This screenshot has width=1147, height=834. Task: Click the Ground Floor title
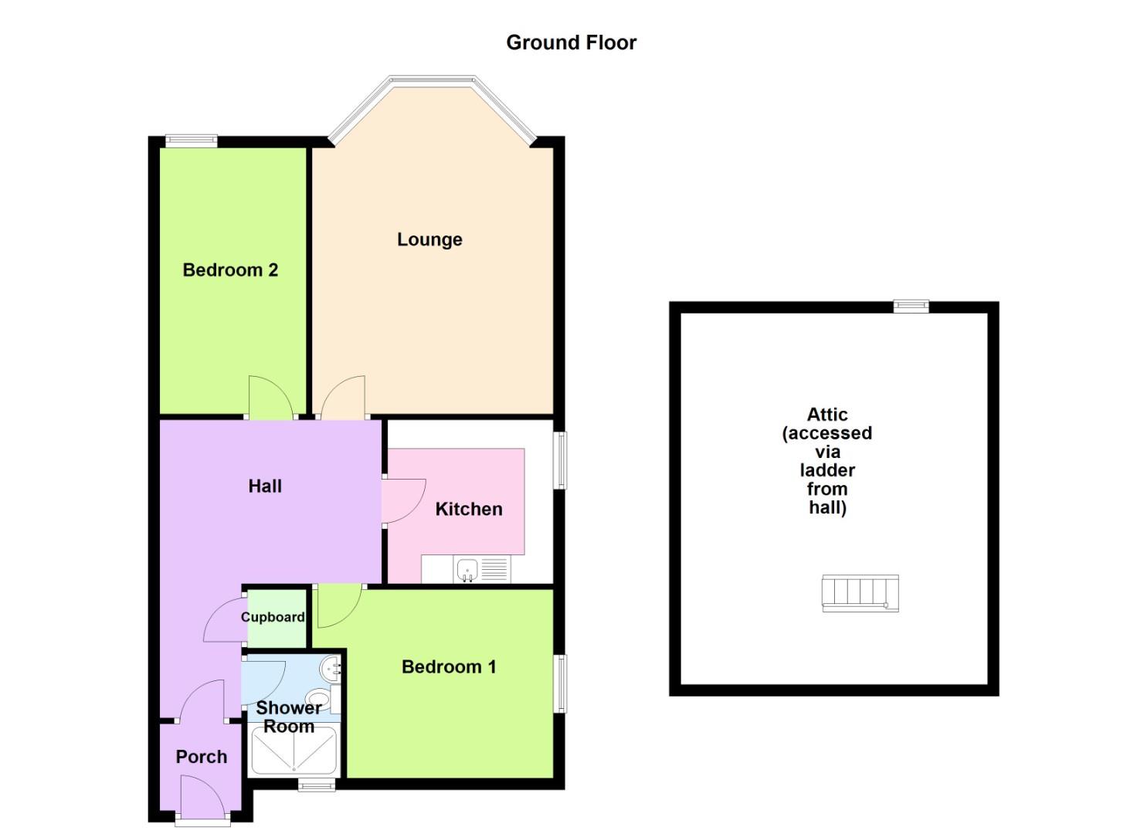(x=571, y=42)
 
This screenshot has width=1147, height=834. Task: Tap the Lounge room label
(x=429, y=239)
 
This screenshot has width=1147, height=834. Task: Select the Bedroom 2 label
(x=230, y=270)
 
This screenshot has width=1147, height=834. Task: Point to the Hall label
(x=265, y=486)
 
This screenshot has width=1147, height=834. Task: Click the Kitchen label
(x=469, y=509)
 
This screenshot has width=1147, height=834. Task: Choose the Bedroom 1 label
(x=449, y=667)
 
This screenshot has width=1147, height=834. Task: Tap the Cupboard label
(x=273, y=617)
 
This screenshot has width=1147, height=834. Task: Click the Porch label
(x=202, y=757)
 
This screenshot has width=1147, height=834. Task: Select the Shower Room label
(x=289, y=717)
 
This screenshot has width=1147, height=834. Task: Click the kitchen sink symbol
(x=467, y=571)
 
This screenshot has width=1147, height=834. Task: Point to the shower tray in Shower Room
(x=294, y=751)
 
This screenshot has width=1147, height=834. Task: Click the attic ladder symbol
(x=860, y=593)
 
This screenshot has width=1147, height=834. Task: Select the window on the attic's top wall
(x=911, y=307)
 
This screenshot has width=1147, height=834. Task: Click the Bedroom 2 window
(x=191, y=141)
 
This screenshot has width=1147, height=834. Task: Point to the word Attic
(x=827, y=415)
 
